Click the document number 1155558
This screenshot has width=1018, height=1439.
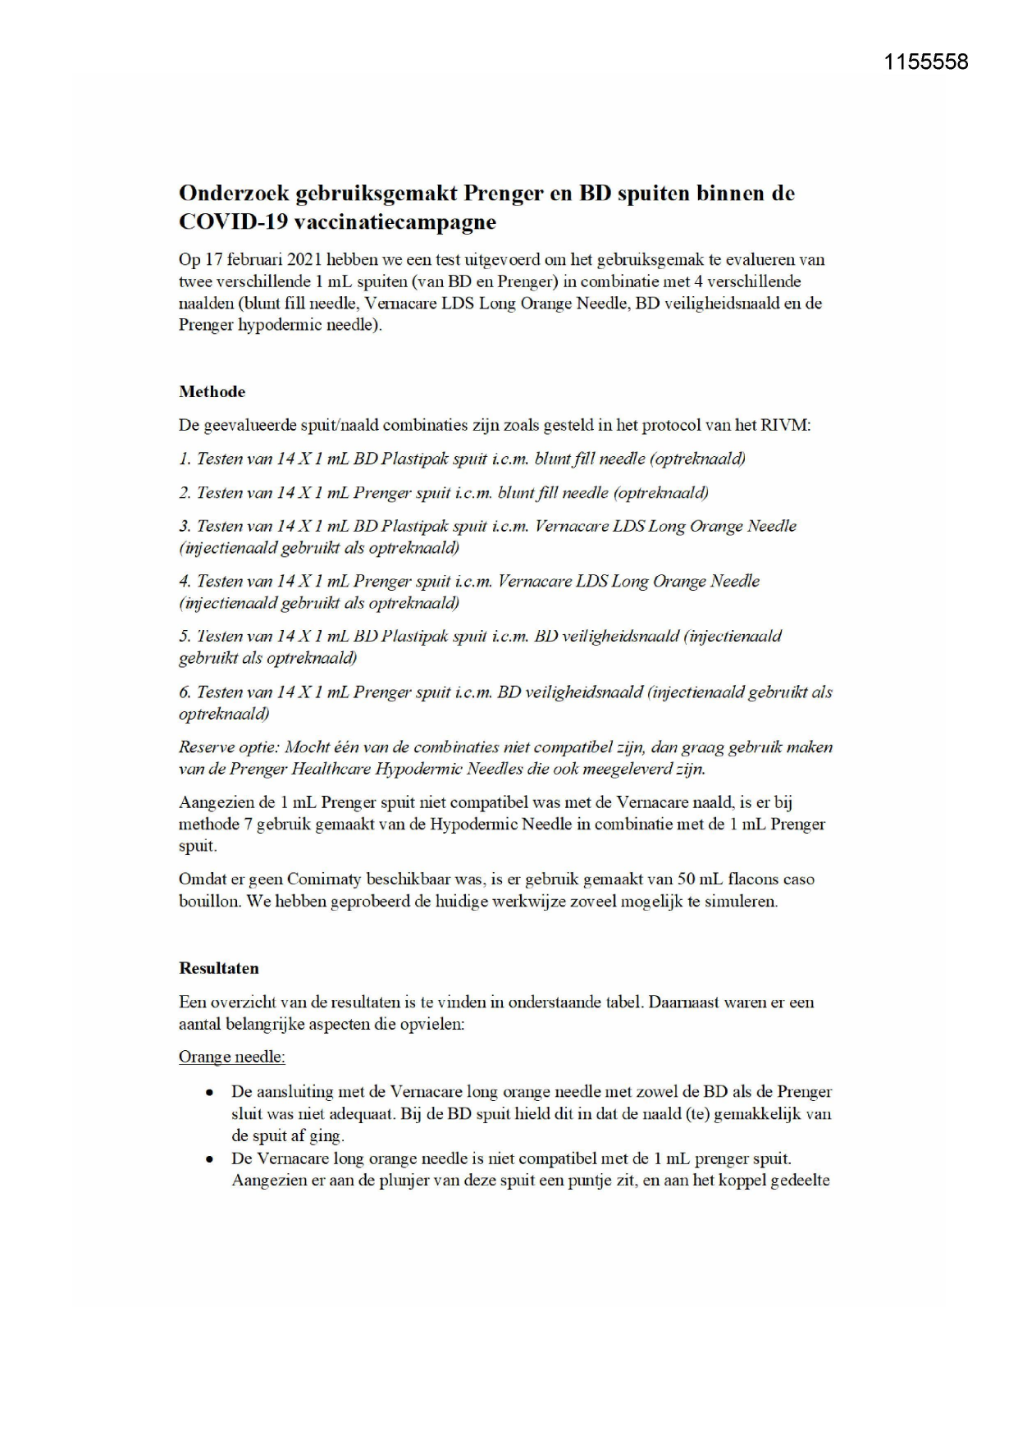[x=926, y=62]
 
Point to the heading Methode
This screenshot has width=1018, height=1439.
[x=212, y=392]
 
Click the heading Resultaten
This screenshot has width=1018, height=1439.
[x=218, y=968]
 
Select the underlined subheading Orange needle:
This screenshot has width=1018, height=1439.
[x=231, y=1057]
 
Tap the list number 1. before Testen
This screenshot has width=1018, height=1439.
[x=185, y=459]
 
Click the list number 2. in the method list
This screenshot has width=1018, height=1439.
[x=185, y=493]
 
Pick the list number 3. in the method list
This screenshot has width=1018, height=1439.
[x=185, y=527]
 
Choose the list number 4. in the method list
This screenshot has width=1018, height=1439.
[x=185, y=582]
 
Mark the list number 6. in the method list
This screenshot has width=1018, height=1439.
[x=185, y=692]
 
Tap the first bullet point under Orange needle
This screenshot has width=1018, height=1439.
[x=211, y=1093]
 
